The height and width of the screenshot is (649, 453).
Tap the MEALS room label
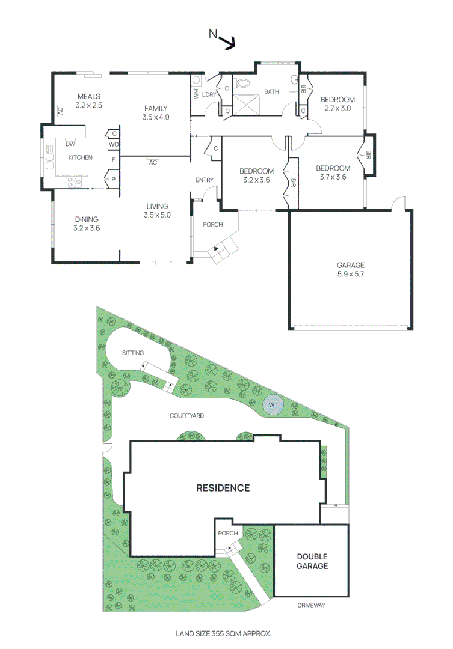(89, 96)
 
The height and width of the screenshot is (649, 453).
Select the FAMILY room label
(156, 108)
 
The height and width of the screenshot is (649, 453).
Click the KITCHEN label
(80, 157)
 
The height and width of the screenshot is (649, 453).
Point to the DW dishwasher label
(70, 144)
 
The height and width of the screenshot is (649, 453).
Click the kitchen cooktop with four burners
(74, 182)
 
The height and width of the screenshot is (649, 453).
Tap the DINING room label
(85, 219)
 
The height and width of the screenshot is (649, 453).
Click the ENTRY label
(205, 180)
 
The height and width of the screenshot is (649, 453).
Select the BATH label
(272, 92)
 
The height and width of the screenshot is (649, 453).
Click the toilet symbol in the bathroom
(244, 84)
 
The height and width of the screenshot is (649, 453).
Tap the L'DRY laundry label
(209, 94)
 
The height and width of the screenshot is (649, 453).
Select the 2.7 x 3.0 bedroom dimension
(337, 109)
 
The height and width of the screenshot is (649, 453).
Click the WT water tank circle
(273, 404)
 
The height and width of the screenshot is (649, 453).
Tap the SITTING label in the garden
(132, 353)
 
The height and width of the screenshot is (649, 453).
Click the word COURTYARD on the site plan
(186, 415)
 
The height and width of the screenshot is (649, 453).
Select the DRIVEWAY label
(311, 605)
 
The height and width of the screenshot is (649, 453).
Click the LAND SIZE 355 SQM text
(223, 633)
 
